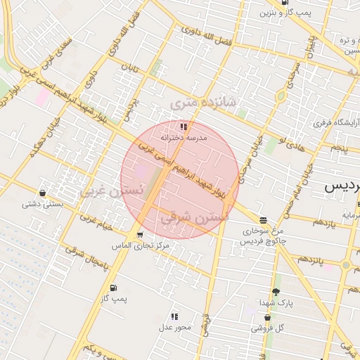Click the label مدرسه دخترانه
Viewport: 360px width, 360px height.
tap(184, 138)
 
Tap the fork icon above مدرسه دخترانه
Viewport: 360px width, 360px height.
tap(184, 127)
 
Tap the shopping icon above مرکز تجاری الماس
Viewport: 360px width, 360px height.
tap(141, 235)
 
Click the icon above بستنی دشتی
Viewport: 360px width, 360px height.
tap(43, 193)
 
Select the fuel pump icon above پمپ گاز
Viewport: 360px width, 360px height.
tap(113, 288)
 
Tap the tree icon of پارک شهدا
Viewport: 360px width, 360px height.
tap(275, 292)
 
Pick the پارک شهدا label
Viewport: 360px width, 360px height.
tap(275, 302)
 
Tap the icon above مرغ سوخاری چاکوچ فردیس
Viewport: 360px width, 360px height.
tap(263, 220)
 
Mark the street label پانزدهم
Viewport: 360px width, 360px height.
tap(309, 261)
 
